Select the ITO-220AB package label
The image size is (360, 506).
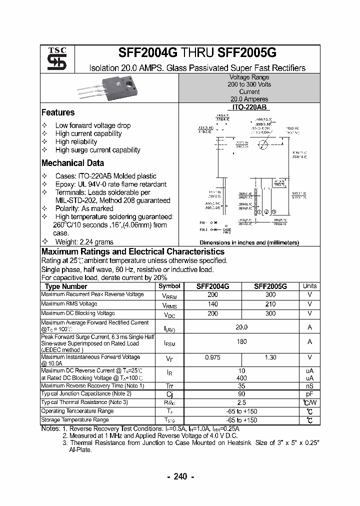click(x=249, y=107)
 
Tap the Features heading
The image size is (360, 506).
click(x=58, y=112)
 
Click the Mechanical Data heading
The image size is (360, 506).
click(x=72, y=163)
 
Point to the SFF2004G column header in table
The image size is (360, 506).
click(x=213, y=286)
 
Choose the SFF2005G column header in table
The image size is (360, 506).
click(x=270, y=286)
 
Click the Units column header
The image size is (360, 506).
click(x=309, y=286)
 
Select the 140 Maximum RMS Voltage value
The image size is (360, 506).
click(x=213, y=304)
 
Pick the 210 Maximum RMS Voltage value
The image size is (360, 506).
click(x=270, y=304)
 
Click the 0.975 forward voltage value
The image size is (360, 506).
click(x=213, y=357)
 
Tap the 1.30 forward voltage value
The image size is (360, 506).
click(x=270, y=357)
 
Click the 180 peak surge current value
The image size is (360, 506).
click(x=241, y=341)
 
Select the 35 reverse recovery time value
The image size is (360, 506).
click(x=241, y=386)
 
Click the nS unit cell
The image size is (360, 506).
click(x=309, y=386)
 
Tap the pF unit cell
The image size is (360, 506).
click(x=309, y=394)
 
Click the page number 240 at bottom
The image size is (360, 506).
click(x=180, y=476)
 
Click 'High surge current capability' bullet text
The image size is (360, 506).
click(x=97, y=150)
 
